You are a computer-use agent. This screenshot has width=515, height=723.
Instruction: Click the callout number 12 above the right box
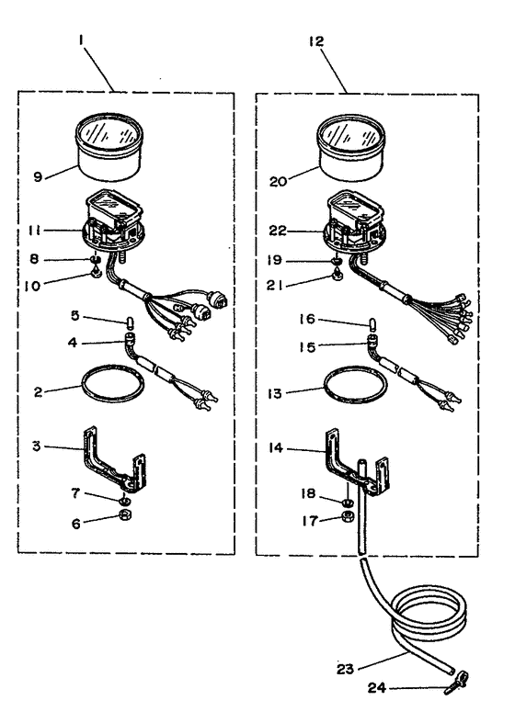tap(316, 41)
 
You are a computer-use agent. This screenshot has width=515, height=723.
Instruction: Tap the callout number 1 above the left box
tap(81, 40)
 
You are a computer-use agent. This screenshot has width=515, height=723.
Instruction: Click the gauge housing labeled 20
tap(350, 148)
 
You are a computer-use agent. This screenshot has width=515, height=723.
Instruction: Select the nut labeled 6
tap(125, 515)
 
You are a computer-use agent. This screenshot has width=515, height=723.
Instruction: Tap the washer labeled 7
tap(124, 500)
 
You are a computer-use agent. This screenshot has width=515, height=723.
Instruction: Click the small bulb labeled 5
tap(131, 321)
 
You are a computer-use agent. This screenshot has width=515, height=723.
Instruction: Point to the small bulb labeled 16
tap(372, 324)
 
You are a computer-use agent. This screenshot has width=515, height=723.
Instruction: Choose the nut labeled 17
tap(348, 516)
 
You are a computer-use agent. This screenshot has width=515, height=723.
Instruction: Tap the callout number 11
tap(35, 231)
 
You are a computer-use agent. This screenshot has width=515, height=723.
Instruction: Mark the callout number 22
tap(278, 231)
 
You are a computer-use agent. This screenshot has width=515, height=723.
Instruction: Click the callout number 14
tap(276, 447)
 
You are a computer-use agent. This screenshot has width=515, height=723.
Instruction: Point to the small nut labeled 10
tap(96, 274)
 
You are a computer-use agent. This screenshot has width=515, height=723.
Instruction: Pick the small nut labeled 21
tap(338, 277)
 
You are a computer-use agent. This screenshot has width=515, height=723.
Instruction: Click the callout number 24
tap(376, 688)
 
